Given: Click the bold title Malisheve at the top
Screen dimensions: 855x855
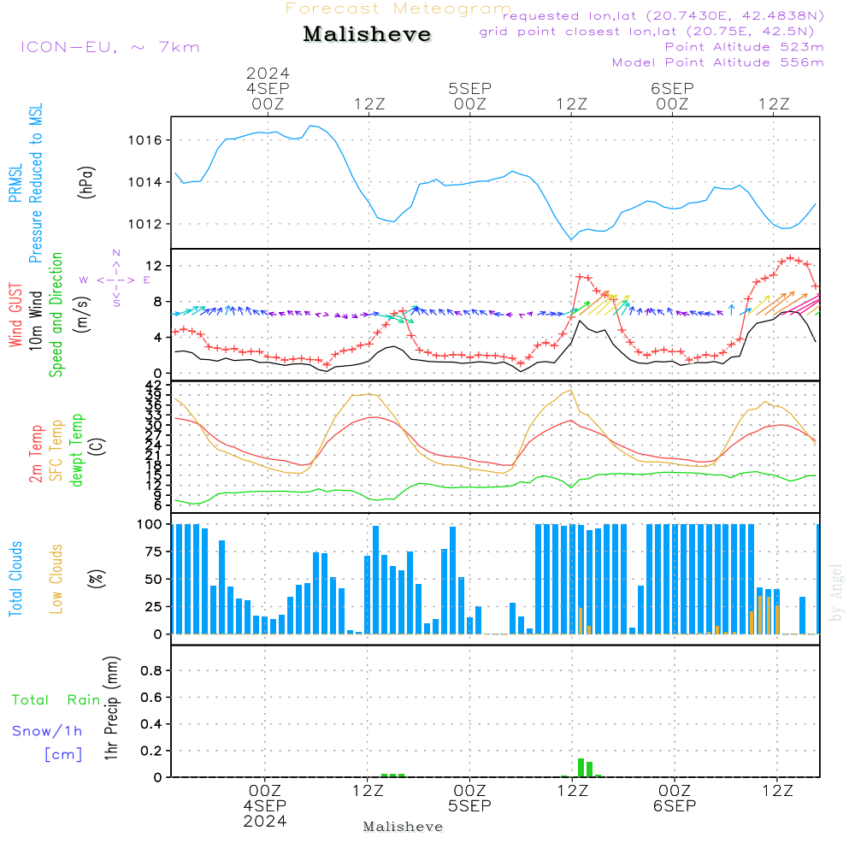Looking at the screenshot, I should pyautogui.click(x=367, y=35).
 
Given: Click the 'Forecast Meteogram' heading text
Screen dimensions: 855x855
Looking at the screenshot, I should pyautogui.click(x=398, y=9).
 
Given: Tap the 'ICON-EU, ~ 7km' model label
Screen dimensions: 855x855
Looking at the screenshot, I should pyautogui.click(x=109, y=46).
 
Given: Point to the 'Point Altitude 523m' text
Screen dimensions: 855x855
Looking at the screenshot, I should pyautogui.click(x=744, y=47).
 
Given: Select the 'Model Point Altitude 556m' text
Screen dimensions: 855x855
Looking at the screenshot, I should pyautogui.click(x=717, y=62).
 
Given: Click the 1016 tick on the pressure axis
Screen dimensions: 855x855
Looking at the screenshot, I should pyautogui.click(x=148, y=140).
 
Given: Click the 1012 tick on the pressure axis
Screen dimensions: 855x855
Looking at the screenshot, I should pyautogui.click(x=148, y=224).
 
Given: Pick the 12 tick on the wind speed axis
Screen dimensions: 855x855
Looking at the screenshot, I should pyautogui.click(x=158, y=267).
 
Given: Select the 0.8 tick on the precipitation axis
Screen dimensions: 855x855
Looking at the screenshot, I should pyautogui.click(x=151, y=671).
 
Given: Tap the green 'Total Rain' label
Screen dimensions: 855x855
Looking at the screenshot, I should pyautogui.click(x=56, y=700).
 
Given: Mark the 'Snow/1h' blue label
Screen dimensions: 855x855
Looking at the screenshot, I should pyautogui.click(x=48, y=731).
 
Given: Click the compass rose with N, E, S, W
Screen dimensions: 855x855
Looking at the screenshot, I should pyautogui.click(x=116, y=280).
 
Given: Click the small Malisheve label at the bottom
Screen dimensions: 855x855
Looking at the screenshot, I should pyautogui.click(x=403, y=827).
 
